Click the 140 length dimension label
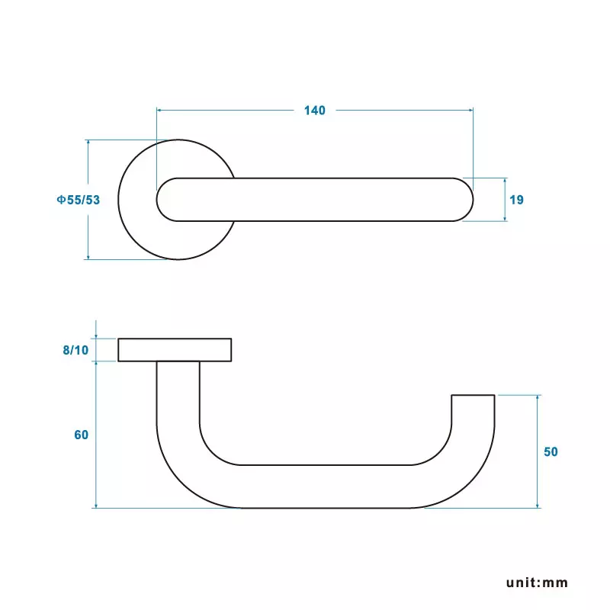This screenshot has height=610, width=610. coord(314,111)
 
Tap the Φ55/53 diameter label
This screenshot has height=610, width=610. coord(78,200)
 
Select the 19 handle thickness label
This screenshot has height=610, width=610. coord(516,200)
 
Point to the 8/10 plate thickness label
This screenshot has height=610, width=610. coord(75,350)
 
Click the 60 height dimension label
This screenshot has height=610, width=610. coord(82,435)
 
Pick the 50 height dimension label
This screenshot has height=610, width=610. coord(551,451)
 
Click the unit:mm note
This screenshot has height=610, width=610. coord(538,583)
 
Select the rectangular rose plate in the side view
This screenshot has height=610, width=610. coord(175,349)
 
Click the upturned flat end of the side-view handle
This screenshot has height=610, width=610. coord(473,396)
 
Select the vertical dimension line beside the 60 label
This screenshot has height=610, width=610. coord(96,473)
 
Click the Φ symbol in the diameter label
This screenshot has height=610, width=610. coord(59,200)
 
